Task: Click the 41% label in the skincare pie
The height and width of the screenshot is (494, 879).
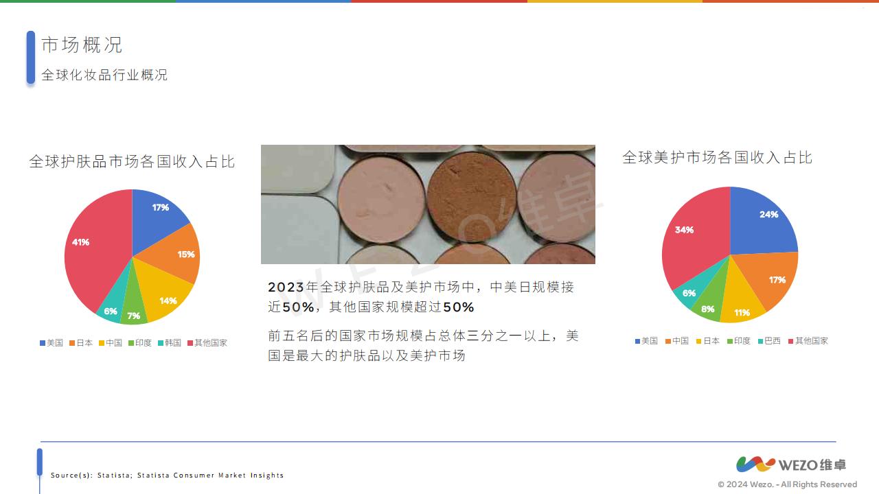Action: pos(80,242)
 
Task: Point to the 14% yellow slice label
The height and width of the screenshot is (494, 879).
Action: pos(168,301)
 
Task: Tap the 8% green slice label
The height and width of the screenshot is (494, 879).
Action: pos(707,309)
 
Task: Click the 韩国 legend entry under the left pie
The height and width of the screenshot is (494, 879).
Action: pos(170,343)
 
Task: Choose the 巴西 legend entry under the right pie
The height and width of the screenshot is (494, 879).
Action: pos(769,341)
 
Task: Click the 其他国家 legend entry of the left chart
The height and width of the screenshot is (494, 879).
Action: pos(207,343)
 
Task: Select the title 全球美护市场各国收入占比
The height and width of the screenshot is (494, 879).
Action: pos(717,157)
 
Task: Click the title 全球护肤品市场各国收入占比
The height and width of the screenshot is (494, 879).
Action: pos(132,161)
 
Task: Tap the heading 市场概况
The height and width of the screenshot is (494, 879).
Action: pos(82,45)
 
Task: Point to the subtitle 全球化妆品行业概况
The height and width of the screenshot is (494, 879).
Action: pos(104,75)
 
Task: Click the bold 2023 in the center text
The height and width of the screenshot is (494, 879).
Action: pos(286,287)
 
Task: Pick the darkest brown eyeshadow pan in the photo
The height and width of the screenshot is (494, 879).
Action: pos(471,196)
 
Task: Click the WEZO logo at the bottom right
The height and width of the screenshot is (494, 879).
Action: pos(791,464)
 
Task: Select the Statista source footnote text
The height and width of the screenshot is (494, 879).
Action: pos(167,475)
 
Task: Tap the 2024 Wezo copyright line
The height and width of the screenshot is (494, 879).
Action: pos(788,484)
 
